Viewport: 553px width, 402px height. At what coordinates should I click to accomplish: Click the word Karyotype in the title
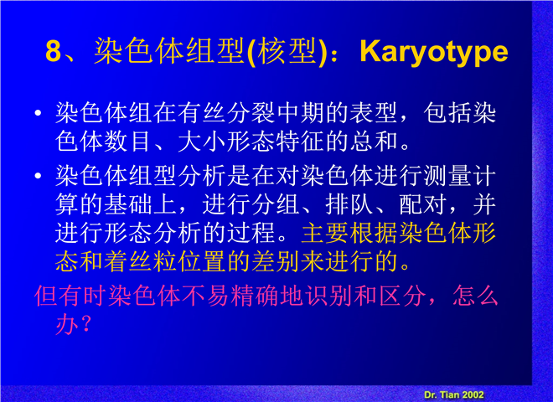tap(434, 52)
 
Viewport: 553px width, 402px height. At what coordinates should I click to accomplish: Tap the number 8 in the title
tap(54, 51)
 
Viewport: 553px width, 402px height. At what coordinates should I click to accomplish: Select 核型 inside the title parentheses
tap(287, 51)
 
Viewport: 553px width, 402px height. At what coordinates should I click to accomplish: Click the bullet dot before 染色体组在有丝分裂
tap(38, 113)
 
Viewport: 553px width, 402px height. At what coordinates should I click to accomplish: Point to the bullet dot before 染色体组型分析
tap(38, 176)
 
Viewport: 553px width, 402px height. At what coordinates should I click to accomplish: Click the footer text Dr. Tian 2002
tap(454, 395)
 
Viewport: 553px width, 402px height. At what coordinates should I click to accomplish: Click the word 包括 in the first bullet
tap(447, 114)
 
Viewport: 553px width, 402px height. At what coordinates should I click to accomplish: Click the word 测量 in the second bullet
tap(448, 176)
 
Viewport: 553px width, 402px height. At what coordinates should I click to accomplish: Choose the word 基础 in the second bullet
tap(128, 204)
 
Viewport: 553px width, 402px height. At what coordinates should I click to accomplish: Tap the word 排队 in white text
tap(349, 204)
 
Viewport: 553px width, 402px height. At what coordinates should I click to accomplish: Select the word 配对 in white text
tap(423, 204)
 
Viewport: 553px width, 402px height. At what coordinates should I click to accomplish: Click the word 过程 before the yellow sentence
tap(251, 233)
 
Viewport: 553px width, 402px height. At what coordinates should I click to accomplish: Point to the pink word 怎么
tap(476, 296)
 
